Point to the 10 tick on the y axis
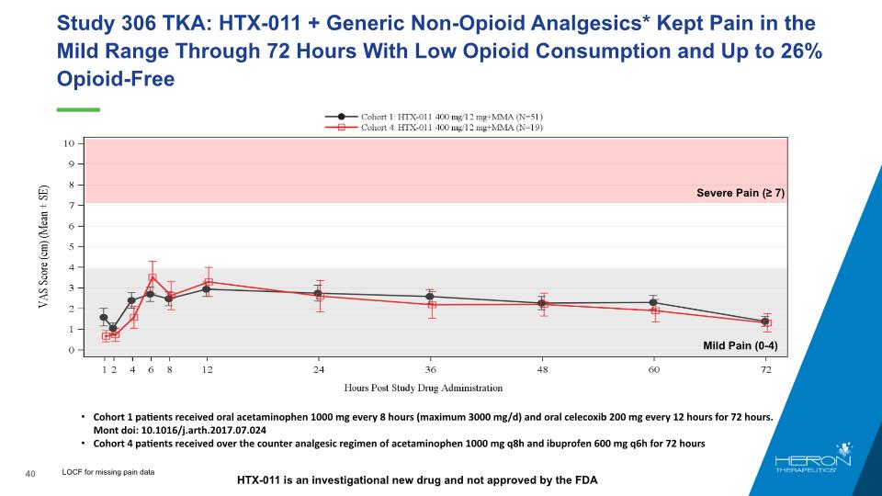point(69,143)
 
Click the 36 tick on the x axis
point(430,369)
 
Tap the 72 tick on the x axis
point(766,369)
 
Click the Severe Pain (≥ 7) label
point(740,193)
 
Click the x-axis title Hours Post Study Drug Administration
point(424,388)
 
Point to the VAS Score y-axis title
point(43,247)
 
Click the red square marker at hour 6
point(153,277)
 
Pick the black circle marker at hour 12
point(207,289)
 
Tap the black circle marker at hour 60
point(653,302)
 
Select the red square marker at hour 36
point(431,304)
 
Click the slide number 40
point(29,473)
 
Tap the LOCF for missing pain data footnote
point(108,472)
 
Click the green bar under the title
point(77,109)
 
